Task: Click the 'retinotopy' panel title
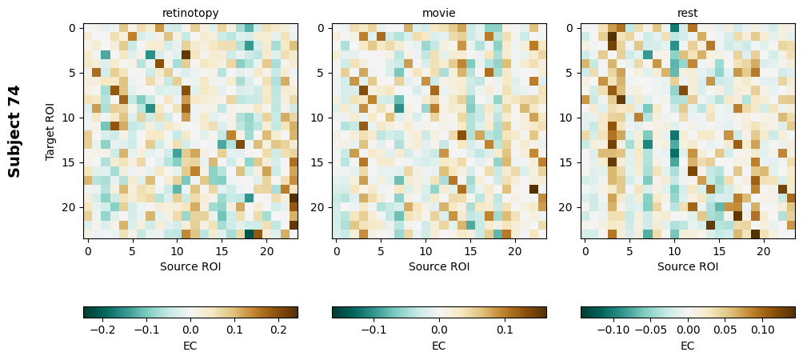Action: pyautogui.click(x=190, y=13)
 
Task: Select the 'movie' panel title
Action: pyautogui.click(x=438, y=13)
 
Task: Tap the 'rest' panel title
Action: pyautogui.click(x=687, y=13)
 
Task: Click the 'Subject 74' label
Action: pyautogui.click(x=14, y=131)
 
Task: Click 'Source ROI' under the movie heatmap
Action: pyautogui.click(x=438, y=266)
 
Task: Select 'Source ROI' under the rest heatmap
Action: pyautogui.click(x=687, y=266)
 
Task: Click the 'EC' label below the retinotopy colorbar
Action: pyautogui.click(x=190, y=346)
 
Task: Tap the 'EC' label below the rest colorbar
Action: pyautogui.click(x=687, y=346)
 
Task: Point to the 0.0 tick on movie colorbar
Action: pyautogui.click(x=439, y=329)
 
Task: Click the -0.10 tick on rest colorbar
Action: pyautogui.click(x=613, y=329)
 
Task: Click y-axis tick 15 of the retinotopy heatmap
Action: pyautogui.click(x=70, y=162)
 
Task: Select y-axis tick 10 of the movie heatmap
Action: pyautogui.click(x=319, y=118)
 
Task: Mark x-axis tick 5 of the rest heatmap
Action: pyautogui.click(x=629, y=251)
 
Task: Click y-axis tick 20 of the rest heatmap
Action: pyautogui.click(x=568, y=207)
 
